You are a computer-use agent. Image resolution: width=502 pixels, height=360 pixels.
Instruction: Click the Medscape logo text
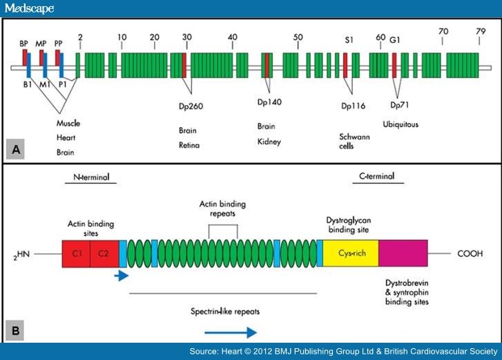click(28, 9)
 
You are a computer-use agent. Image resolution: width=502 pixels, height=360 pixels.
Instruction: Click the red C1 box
click(76, 254)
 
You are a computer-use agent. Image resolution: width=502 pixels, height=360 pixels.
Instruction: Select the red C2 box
click(104, 254)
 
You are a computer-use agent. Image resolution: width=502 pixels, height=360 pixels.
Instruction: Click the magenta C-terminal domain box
click(403, 254)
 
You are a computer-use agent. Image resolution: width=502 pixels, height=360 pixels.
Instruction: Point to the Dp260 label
click(190, 106)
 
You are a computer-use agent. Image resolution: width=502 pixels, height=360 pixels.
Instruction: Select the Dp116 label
click(353, 106)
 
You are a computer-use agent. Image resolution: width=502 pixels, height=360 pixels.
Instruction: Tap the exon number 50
click(298, 37)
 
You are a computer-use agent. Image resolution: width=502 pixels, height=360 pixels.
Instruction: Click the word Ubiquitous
click(400, 124)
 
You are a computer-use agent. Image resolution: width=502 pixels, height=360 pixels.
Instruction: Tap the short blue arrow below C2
click(122, 276)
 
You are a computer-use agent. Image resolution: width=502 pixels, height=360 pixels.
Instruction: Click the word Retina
click(189, 146)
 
